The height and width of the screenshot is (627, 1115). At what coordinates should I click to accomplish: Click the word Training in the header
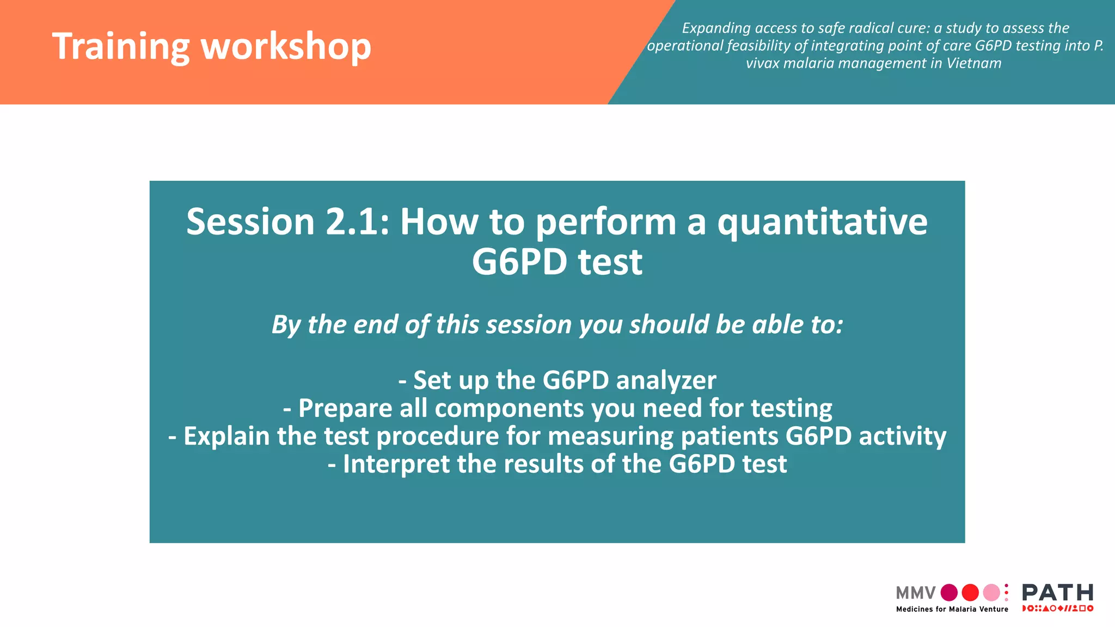tap(120, 46)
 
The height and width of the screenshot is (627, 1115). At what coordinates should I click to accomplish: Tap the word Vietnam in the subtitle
tap(973, 63)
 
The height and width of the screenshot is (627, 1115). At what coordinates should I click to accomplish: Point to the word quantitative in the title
tap(822, 222)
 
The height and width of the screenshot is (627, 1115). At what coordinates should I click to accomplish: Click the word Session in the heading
tap(250, 222)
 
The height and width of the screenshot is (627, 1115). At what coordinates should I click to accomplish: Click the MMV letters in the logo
tap(915, 593)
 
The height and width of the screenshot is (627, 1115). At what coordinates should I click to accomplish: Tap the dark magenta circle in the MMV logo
tap(949, 593)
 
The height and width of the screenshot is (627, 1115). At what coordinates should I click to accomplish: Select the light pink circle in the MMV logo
tap(991, 593)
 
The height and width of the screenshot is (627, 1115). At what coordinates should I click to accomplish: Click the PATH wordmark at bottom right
tap(1057, 592)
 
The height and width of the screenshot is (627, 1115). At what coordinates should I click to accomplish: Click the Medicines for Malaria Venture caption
tap(952, 610)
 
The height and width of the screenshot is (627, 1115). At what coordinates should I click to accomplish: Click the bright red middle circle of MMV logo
tap(970, 593)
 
